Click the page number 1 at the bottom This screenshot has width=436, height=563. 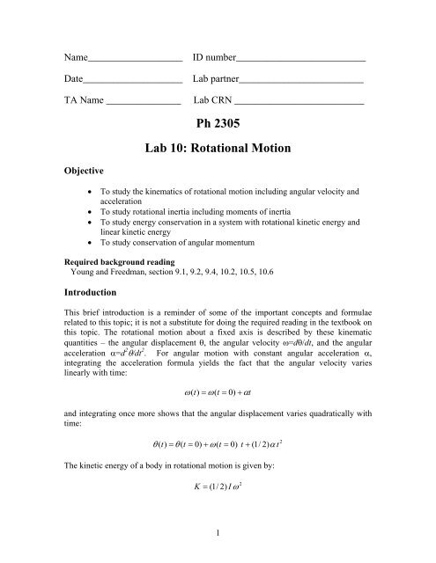[x=218, y=551]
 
